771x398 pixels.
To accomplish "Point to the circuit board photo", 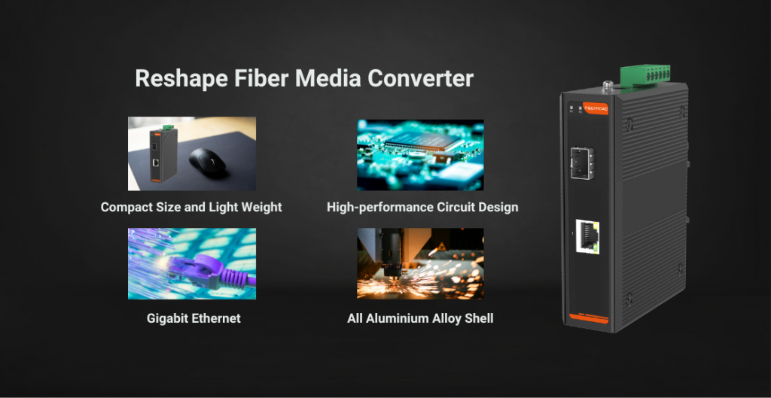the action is click(420, 155).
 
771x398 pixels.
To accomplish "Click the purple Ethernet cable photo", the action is click(192, 263).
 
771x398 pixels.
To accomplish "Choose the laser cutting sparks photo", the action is click(420, 263).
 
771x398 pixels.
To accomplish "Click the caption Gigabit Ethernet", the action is click(194, 318).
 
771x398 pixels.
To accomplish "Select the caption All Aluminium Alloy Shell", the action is click(420, 318).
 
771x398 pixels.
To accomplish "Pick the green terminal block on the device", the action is click(645, 74).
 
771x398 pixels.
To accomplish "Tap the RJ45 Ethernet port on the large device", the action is click(588, 237).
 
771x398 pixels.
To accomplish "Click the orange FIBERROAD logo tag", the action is click(595, 108).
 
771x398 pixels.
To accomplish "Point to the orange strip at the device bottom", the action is click(589, 318).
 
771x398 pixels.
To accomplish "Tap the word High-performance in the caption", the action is click(379, 208).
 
